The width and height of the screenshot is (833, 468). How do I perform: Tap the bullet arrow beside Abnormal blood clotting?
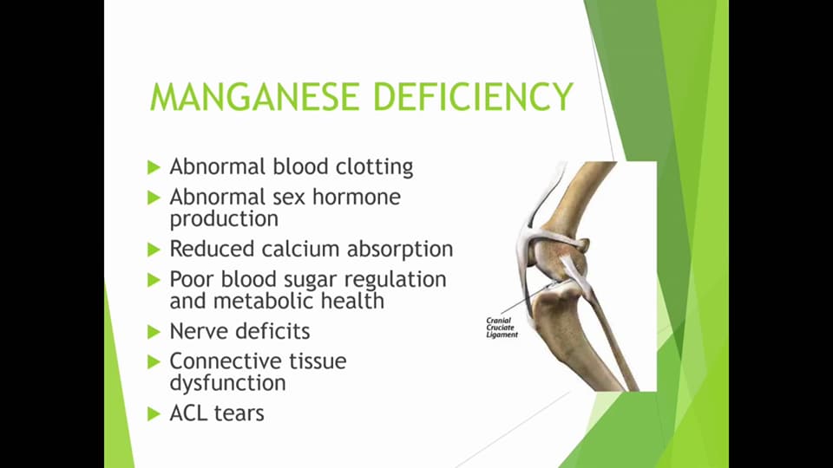[154, 166]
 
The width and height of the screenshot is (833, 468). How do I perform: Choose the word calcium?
[300, 250]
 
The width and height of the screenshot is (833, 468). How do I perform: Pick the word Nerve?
[196, 331]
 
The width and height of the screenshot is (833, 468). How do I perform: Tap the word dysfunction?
[227, 383]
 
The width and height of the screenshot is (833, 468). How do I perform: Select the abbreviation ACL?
[189, 413]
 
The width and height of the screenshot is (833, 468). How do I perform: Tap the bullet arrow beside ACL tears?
[154, 413]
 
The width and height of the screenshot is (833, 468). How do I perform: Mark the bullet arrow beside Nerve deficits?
[154, 331]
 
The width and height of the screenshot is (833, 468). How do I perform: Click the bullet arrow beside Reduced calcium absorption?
[154, 250]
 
